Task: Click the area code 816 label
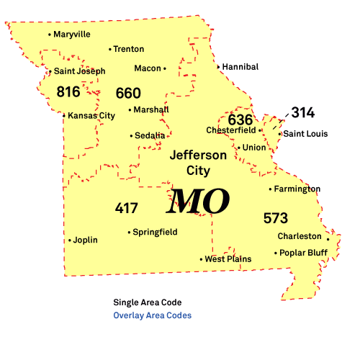click(68, 91)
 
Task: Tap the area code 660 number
click(128, 93)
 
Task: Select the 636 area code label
click(240, 120)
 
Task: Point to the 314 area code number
click(303, 112)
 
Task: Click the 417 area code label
click(126, 208)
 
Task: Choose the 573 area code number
click(275, 217)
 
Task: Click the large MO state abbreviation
click(198, 202)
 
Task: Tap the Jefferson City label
click(198, 162)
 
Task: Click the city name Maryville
click(72, 34)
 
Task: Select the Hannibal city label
click(240, 67)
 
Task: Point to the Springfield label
click(155, 233)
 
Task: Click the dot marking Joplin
click(70, 240)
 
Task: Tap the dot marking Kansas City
click(64, 115)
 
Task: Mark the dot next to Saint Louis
click(280, 134)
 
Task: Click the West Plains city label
click(228, 259)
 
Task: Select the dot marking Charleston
click(328, 238)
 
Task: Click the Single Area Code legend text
click(147, 302)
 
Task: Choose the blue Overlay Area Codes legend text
click(153, 315)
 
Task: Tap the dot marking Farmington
click(271, 189)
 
